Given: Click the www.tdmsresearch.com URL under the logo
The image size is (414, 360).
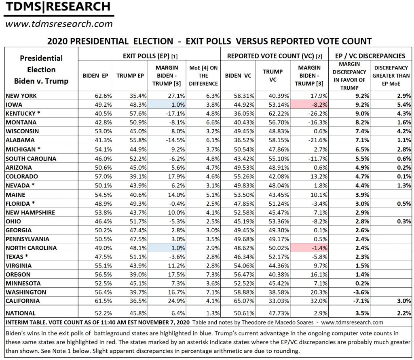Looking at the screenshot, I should click(59, 24).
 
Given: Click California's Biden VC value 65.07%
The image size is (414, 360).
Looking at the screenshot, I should click(238, 301).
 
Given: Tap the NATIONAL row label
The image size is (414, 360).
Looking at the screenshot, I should click(21, 313).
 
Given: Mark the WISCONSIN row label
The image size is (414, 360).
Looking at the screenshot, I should click(23, 131).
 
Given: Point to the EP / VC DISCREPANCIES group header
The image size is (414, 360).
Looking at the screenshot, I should click(370, 56).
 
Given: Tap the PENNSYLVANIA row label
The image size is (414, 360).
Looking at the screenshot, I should click(28, 239).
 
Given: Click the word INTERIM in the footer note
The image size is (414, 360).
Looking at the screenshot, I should click(19, 322).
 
